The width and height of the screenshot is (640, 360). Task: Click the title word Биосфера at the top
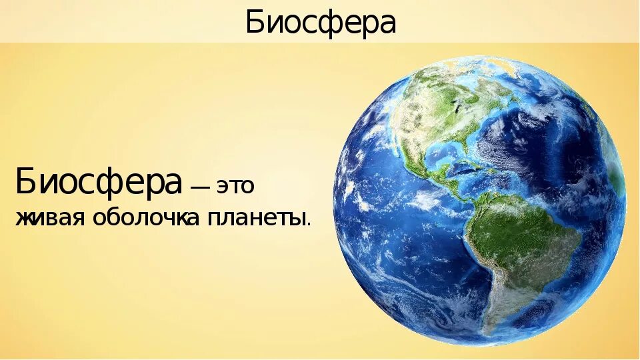[x=321, y=23]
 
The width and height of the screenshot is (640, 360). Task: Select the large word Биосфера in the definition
[x=99, y=181]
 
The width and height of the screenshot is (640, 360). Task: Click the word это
[x=234, y=187]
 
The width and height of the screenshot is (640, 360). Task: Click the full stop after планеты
[x=309, y=225]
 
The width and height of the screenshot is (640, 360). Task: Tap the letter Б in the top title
[x=253, y=23]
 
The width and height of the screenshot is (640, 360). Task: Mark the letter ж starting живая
[x=23, y=219]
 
